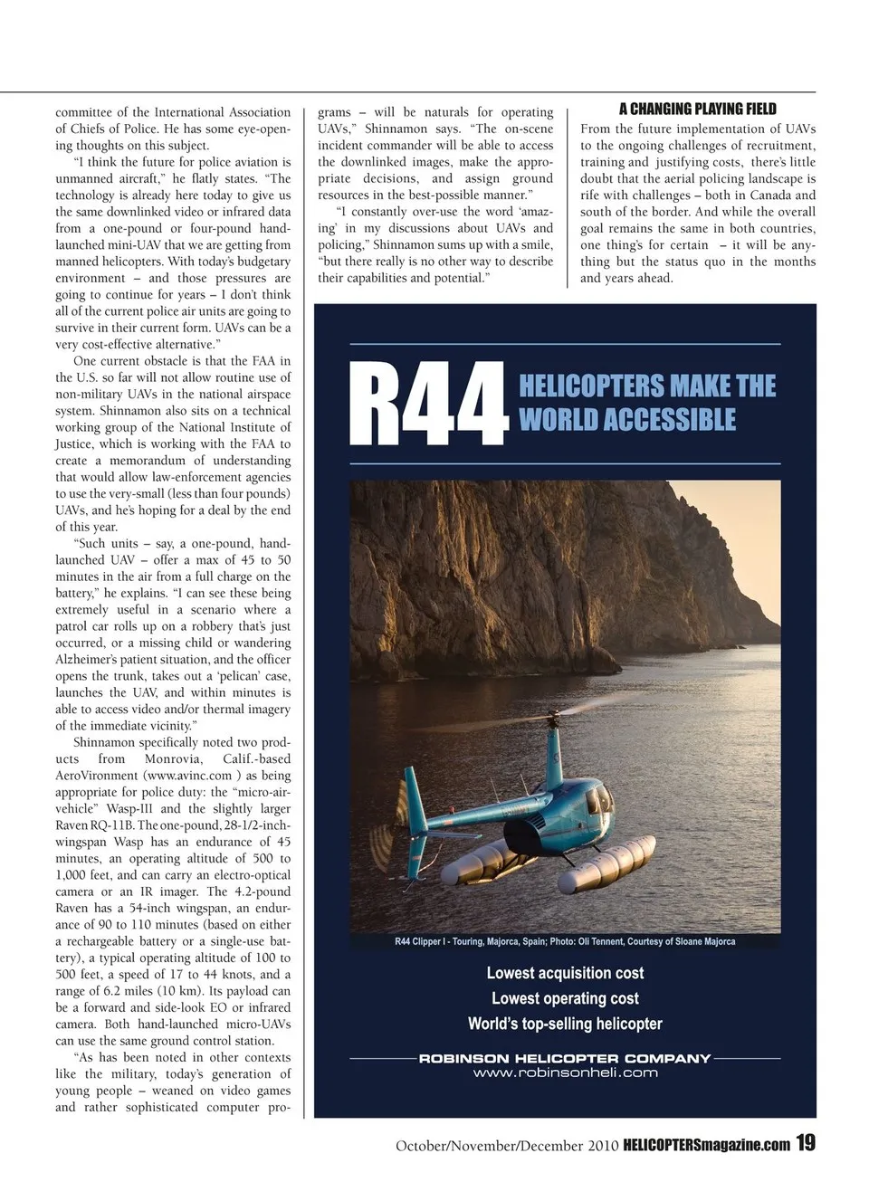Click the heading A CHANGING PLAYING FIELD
tap(697, 109)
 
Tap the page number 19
tap(806, 1143)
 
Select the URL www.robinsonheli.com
tap(565, 1073)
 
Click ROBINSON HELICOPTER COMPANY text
tap(565, 1058)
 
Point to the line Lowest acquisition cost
tap(565, 973)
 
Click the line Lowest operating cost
tap(565, 998)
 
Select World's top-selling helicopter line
tap(565, 1024)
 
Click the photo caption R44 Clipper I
tap(565, 941)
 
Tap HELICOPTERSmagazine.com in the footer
tap(706, 1145)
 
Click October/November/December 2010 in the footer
tap(507, 1146)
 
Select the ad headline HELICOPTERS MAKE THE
tap(647, 386)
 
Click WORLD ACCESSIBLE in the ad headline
tap(627, 420)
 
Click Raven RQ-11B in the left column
tap(95, 825)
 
